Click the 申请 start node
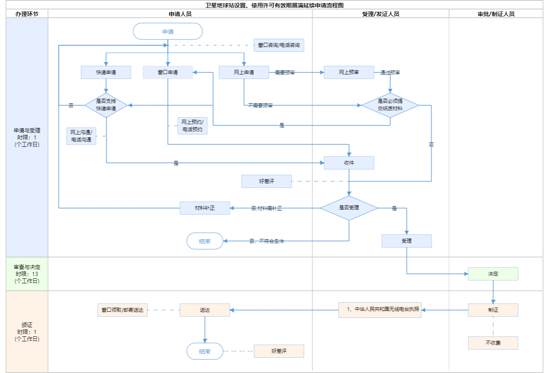pos(168,32)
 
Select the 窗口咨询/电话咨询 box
pos(279,45)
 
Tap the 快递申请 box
pos(106,72)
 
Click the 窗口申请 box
pos(168,72)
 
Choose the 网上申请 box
pos(244,72)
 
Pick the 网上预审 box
pos(349,72)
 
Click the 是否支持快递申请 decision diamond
pos(106,105)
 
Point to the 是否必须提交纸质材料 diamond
pos(390,105)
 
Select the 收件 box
pos(349,163)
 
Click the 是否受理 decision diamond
pos(349,208)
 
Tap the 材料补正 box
pos(205,208)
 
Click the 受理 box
pos(406,241)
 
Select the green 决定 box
pos(493,274)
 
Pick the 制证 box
pos(493,310)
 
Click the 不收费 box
pos(493,343)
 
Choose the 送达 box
pos(205,310)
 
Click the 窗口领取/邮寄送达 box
pos(122,310)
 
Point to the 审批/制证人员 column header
pos(496,14)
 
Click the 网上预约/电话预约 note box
pos(192,126)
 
